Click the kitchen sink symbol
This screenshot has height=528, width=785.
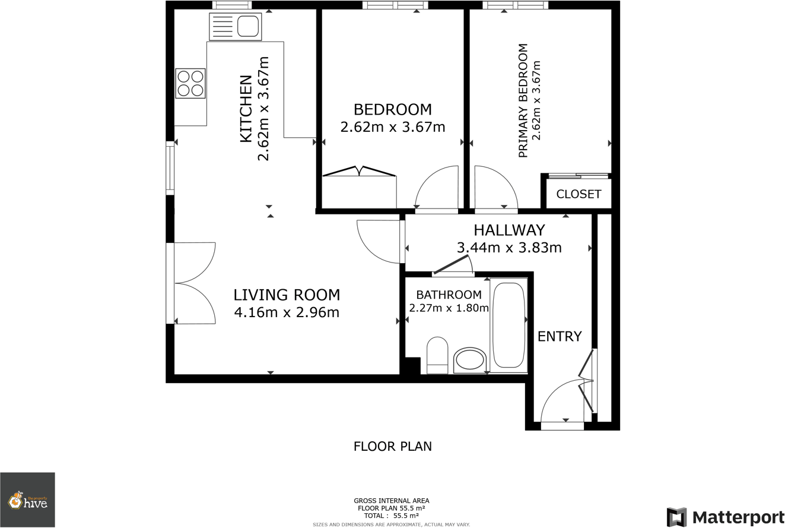[235, 27]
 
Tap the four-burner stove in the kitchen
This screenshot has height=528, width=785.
[190, 83]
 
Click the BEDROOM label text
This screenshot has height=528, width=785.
[392, 110]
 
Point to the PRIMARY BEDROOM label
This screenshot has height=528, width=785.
[523, 100]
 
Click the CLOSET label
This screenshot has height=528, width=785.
[579, 194]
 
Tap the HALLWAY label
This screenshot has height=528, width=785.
[509, 230]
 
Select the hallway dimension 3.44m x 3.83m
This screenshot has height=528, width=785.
[509, 248]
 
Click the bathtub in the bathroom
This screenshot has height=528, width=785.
[508, 325]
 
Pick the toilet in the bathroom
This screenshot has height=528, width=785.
[437, 355]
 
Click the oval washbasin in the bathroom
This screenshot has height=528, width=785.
[469, 361]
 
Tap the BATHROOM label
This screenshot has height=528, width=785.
[449, 295]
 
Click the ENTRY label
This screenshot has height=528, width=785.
[560, 337]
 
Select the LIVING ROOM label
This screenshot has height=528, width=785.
[287, 295]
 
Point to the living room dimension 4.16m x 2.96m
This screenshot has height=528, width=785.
[287, 312]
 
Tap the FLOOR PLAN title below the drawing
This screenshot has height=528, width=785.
[393, 446]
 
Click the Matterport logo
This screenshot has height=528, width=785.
[725, 517]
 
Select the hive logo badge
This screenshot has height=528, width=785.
[27, 500]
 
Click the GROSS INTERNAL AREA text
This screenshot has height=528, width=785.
[391, 501]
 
